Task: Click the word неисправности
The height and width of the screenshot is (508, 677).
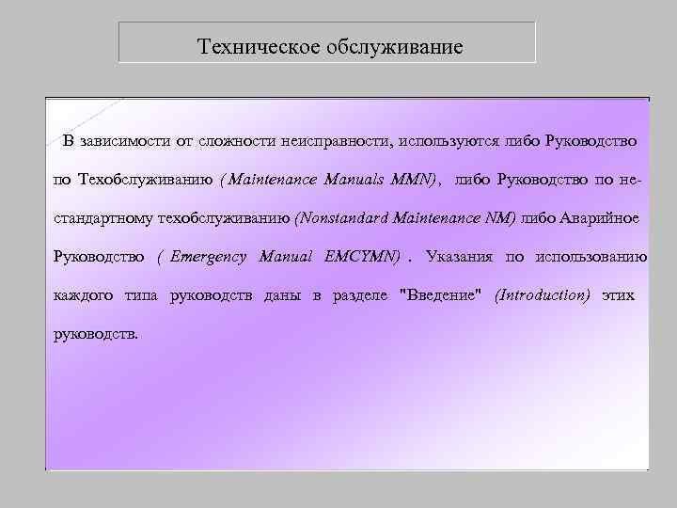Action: coord(339,142)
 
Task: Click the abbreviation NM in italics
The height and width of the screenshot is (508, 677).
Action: coord(499,218)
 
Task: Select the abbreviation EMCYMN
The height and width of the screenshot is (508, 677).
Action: coord(362,256)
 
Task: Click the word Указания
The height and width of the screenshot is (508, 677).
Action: coord(458,256)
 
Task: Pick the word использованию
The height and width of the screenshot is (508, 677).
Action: coord(590,256)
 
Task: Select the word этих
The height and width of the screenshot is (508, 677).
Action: coord(619,295)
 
